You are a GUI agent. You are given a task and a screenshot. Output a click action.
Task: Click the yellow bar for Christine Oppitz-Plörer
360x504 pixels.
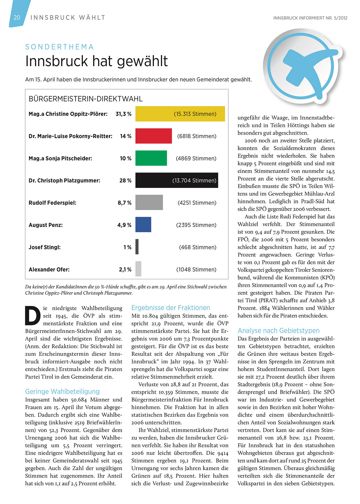click(x=180, y=114)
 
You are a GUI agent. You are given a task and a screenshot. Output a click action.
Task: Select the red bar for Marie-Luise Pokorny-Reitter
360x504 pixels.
click(x=153, y=136)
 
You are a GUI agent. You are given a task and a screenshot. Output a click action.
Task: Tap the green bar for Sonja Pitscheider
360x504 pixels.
click(x=151, y=158)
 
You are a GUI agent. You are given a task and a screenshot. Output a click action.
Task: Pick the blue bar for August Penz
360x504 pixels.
click(x=143, y=225)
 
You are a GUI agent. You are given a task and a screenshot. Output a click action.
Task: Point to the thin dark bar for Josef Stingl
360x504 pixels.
click(x=137, y=247)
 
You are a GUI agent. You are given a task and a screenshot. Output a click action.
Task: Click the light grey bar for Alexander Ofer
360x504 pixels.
click(x=138, y=269)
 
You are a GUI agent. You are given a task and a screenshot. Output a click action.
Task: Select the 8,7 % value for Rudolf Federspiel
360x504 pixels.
click(x=124, y=203)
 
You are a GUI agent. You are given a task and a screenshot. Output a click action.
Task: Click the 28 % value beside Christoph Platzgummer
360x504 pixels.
click(x=125, y=180)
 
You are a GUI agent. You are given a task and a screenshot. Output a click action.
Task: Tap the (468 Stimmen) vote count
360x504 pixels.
click(x=198, y=247)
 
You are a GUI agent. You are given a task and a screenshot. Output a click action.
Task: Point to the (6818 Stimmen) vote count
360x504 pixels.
click(x=197, y=136)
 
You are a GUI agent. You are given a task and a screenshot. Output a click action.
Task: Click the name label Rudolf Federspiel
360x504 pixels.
click(x=52, y=203)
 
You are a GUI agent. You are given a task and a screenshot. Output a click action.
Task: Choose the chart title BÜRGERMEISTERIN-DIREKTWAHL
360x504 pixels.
click(x=86, y=99)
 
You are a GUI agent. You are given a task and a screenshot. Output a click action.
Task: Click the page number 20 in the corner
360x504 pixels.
click(x=17, y=17)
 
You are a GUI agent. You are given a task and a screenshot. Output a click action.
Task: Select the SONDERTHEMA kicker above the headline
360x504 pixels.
click(x=59, y=47)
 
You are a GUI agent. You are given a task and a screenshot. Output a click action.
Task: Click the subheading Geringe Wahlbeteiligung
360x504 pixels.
click(x=62, y=392)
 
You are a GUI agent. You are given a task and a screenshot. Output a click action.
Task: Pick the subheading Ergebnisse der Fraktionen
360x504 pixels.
click(x=171, y=308)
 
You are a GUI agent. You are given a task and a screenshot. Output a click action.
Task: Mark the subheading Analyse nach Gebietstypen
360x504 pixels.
click(x=279, y=331)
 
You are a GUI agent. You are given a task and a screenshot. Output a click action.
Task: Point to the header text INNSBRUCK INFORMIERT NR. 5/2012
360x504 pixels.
click(x=310, y=18)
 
